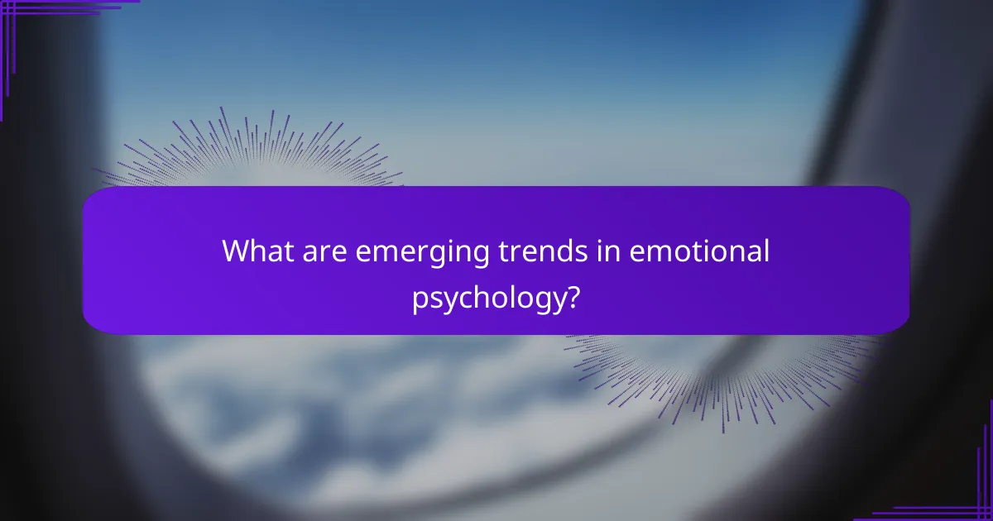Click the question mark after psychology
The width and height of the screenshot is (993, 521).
[x=572, y=296]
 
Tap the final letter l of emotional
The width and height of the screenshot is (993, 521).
[x=766, y=251]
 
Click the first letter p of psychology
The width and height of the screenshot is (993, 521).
[x=420, y=299]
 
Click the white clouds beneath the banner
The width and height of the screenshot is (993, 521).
[x=331, y=389]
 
